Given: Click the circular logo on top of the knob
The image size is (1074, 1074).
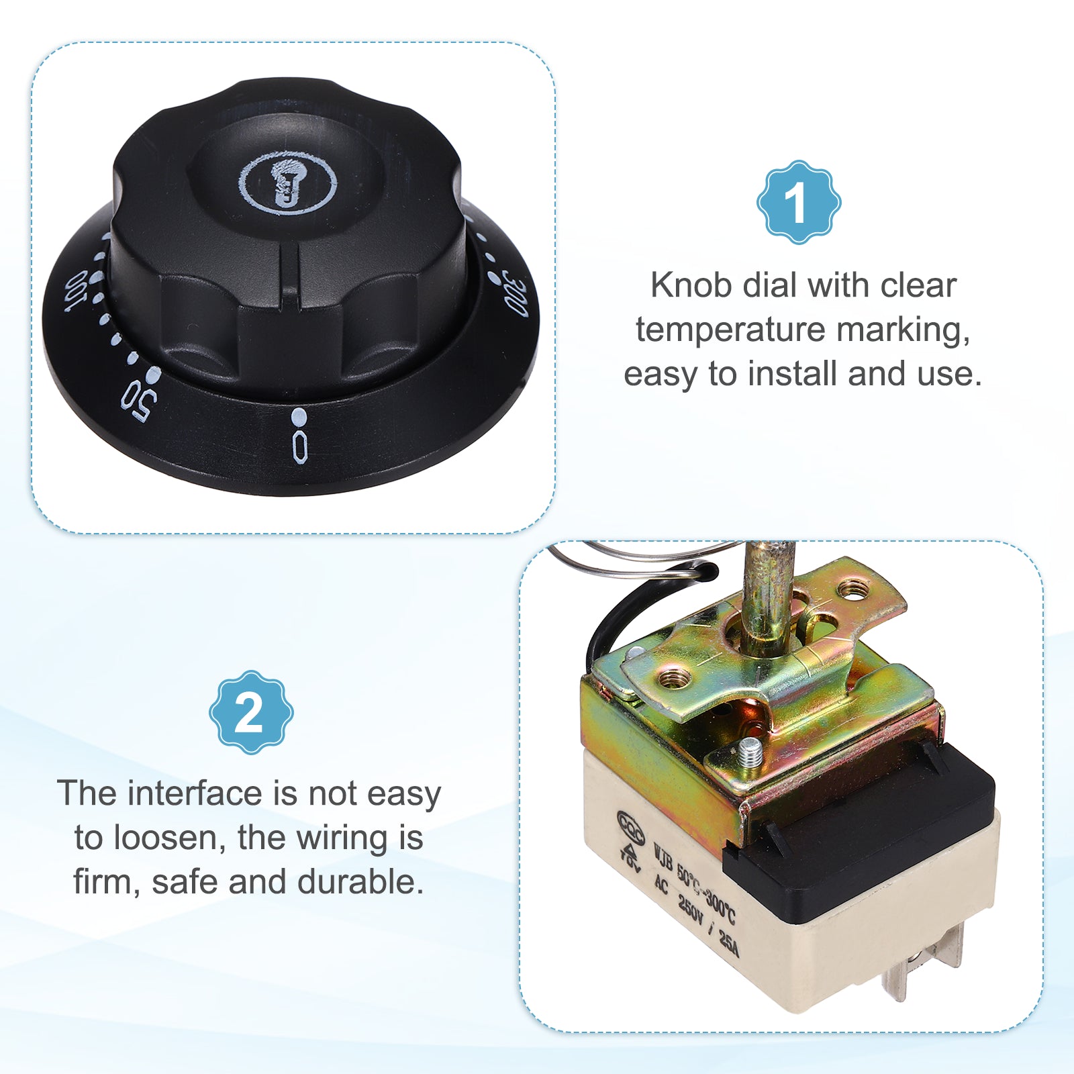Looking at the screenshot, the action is point(288,183).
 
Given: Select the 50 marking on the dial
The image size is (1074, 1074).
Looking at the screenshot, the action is point(139,401).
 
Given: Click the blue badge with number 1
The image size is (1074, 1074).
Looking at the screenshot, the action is point(799,202).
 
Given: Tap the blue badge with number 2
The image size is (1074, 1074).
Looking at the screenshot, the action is point(251,712).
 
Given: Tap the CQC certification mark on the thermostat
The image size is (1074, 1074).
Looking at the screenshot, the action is point(630,826).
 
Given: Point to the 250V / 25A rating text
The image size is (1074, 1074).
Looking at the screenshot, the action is point(708,926).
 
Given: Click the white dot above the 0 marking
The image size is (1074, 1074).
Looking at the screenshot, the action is point(299,417).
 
